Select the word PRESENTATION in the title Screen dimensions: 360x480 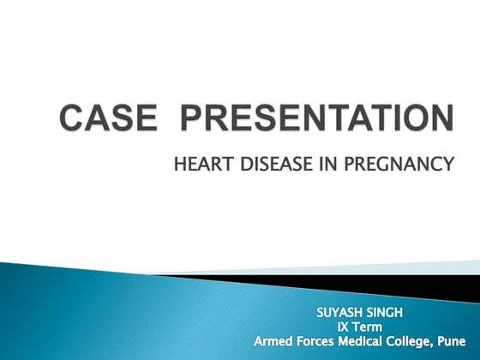[x=303, y=117]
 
